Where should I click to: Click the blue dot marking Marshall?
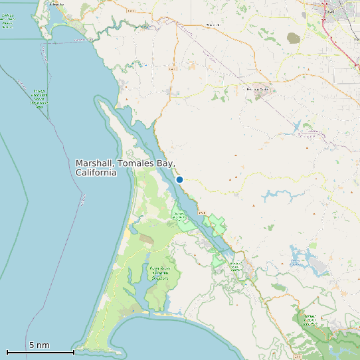(x=179, y=179)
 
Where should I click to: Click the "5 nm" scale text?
(x=39, y=345)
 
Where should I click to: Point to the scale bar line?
(x=40, y=352)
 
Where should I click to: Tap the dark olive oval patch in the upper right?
(x=294, y=38)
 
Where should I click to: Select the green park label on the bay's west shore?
(x=179, y=216)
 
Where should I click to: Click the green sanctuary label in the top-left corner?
(x=7, y=21)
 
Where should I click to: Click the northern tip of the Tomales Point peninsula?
(x=100, y=100)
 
